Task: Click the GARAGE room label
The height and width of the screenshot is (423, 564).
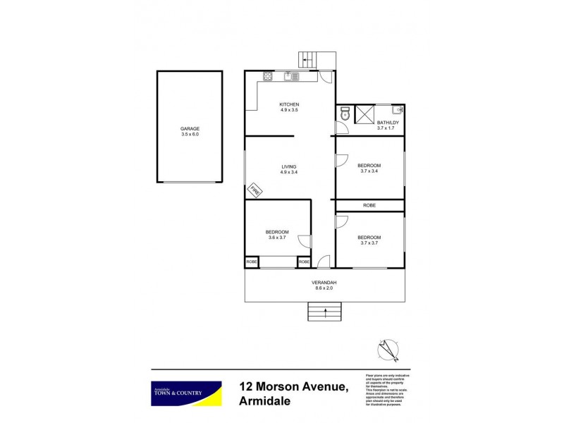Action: click(x=190, y=128)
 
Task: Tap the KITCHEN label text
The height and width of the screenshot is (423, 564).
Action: click(x=290, y=104)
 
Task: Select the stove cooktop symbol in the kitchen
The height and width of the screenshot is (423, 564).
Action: click(x=269, y=76)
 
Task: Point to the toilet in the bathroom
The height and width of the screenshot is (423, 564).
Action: click(x=344, y=114)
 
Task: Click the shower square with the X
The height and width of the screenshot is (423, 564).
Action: click(x=366, y=114)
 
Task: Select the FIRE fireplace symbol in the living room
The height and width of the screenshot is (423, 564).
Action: click(x=255, y=190)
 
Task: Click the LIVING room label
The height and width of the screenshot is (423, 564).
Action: click(x=289, y=166)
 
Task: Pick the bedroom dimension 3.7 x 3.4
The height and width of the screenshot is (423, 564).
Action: click(x=369, y=171)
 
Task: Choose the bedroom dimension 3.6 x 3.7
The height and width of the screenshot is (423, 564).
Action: click(x=277, y=238)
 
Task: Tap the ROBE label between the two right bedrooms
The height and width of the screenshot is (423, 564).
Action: click(x=369, y=205)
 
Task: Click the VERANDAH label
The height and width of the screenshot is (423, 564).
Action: click(x=324, y=283)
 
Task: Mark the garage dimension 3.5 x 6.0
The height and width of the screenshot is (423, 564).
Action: click(x=190, y=134)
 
